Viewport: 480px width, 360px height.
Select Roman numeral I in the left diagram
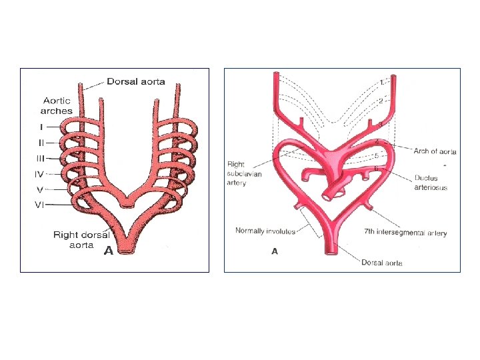[41, 127]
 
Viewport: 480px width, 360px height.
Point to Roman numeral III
[41, 158]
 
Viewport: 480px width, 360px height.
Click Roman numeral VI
[41, 205]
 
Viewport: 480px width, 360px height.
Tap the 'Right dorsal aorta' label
[81, 239]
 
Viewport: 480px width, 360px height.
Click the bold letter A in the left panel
[108, 252]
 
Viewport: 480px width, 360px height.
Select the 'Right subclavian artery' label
[245, 173]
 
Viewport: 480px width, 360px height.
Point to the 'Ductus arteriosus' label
[431, 183]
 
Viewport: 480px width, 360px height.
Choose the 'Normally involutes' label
[266, 231]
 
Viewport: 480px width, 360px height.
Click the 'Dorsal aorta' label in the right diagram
[383, 263]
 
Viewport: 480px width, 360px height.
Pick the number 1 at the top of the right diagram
[381, 82]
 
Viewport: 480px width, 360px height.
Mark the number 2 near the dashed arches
[381, 100]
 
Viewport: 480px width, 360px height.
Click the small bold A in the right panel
[273, 251]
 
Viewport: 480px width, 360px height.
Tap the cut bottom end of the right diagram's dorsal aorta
[331, 251]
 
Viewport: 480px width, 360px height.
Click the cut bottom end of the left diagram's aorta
[126, 251]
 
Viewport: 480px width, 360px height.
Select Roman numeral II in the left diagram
[41, 143]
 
